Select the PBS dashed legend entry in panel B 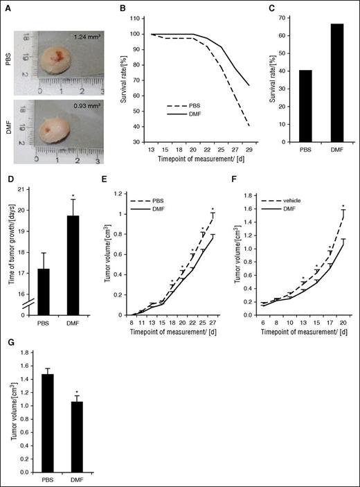coord(189,106)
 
